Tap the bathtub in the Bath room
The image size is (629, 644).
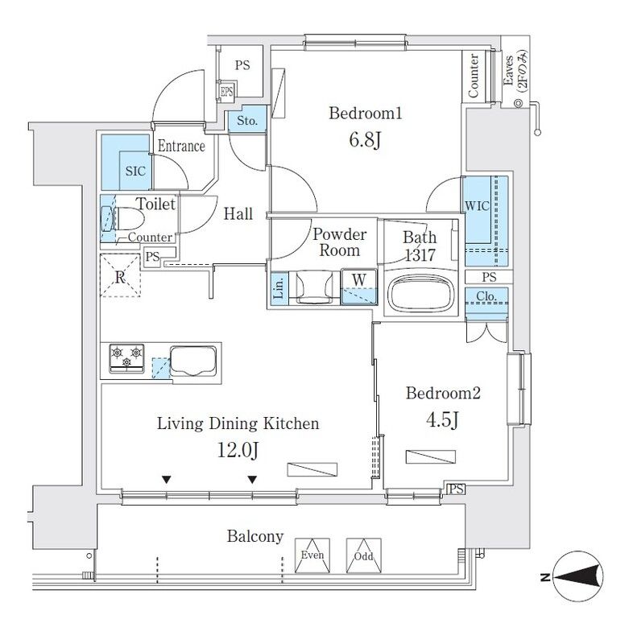422,293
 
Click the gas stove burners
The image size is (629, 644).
126,357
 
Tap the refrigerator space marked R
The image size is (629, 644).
120,275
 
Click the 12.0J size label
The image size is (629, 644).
238,450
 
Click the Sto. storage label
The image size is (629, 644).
246,122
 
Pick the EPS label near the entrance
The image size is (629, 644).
226,93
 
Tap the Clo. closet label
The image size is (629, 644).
486,296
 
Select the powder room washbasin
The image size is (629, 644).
312,287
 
